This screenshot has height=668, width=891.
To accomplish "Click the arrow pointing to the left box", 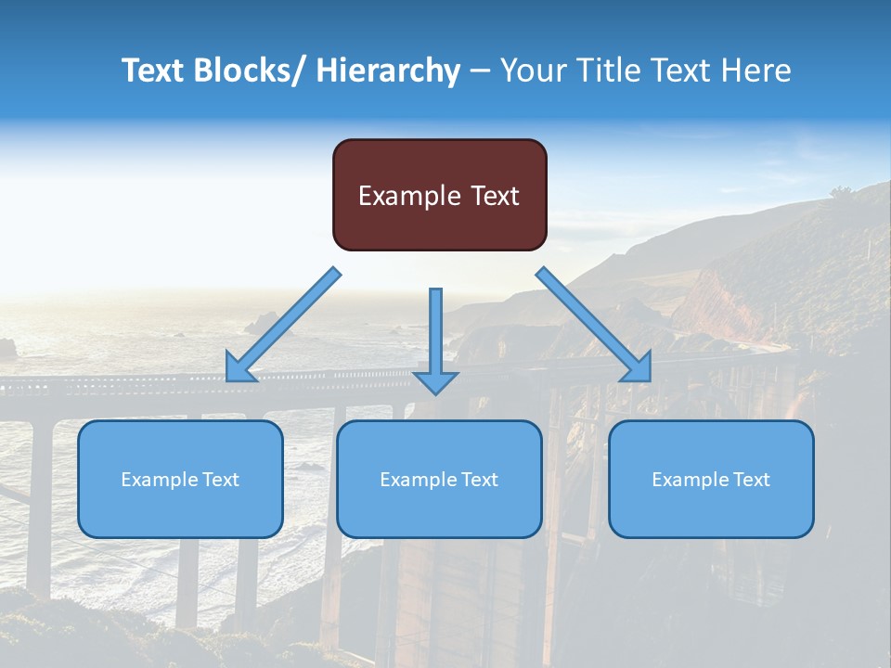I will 283,325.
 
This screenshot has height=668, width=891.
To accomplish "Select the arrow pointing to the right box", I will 594,325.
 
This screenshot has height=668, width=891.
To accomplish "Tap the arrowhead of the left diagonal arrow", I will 239,369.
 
